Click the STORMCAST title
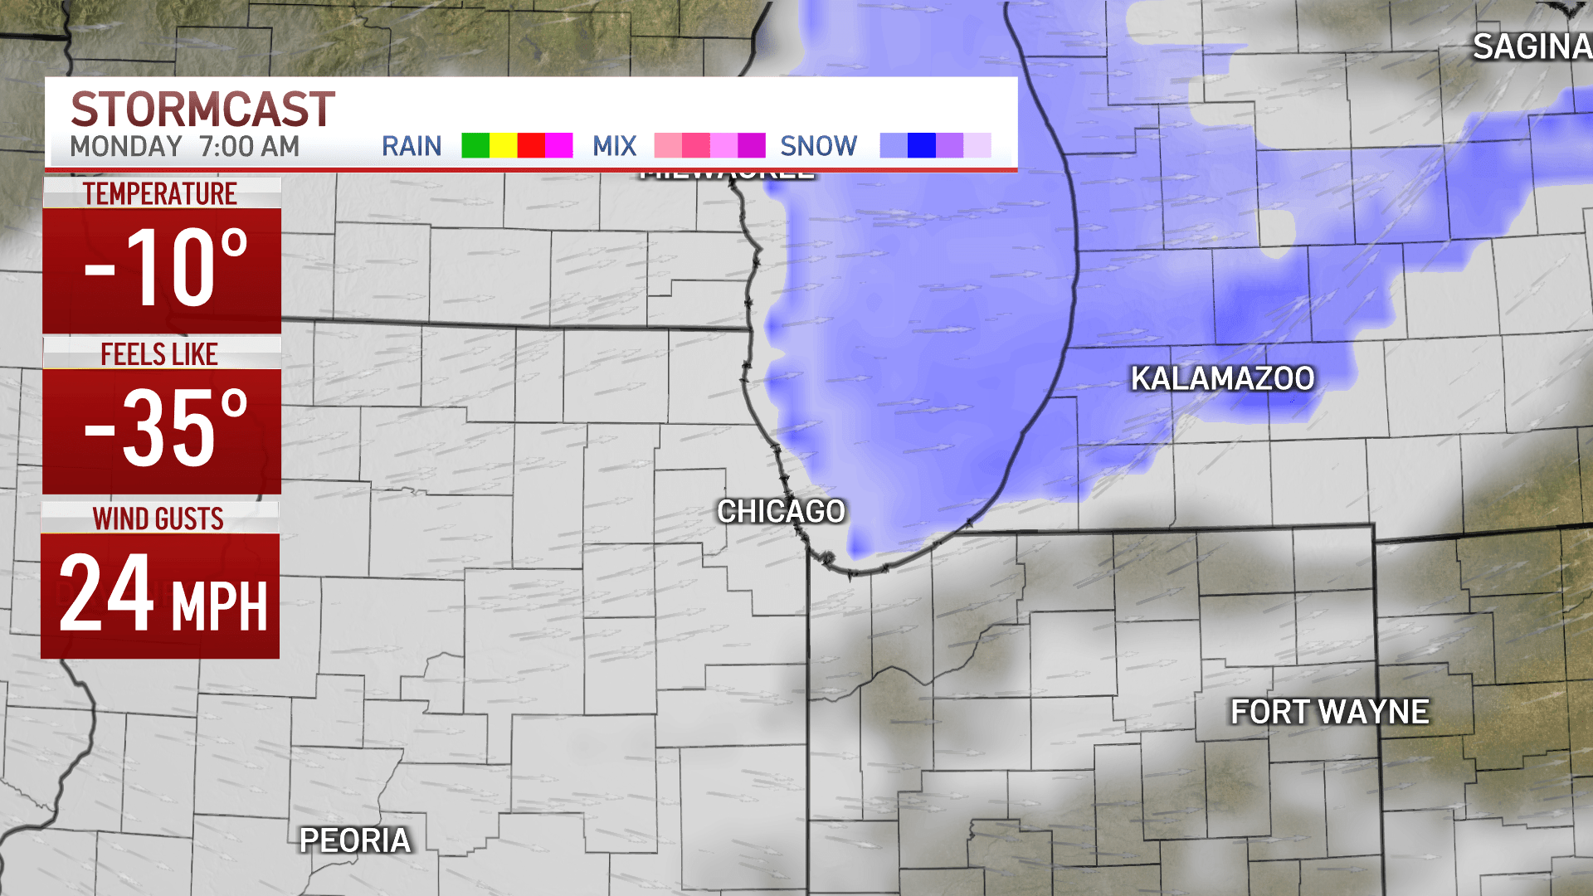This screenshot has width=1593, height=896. click(x=202, y=110)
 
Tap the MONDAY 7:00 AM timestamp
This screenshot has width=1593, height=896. click(x=184, y=147)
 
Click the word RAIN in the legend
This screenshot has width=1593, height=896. click(x=412, y=146)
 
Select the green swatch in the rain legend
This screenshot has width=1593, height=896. click(x=475, y=145)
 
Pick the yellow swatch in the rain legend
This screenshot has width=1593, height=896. click(x=503, y=145)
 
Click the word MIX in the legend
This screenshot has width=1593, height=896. click(x=614, y=146)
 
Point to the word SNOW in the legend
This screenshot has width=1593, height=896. click(x=818, y=146)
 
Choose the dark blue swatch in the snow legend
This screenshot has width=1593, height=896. click(x=922, y=145)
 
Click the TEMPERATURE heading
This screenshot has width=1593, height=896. click(x=160, y=194)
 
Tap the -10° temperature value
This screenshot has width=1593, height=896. click(x=166, y=268)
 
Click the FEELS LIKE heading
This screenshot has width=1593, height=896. click(x=159, y=354)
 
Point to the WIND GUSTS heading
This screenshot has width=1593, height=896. click(x=158, y=519)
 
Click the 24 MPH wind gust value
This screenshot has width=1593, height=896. click(x=163, y=595)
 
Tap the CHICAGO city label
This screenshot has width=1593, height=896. click(x=781, y=511)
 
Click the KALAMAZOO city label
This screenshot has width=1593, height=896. click(x=1222, y=378)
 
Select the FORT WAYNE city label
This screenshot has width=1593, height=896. click(x=1329, y=712)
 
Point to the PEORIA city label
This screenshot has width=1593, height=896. click(x=355, y=840)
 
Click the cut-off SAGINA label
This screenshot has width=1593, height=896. click(x=1532, y=47)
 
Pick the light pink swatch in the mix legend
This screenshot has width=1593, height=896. click(x=668, y=145)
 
